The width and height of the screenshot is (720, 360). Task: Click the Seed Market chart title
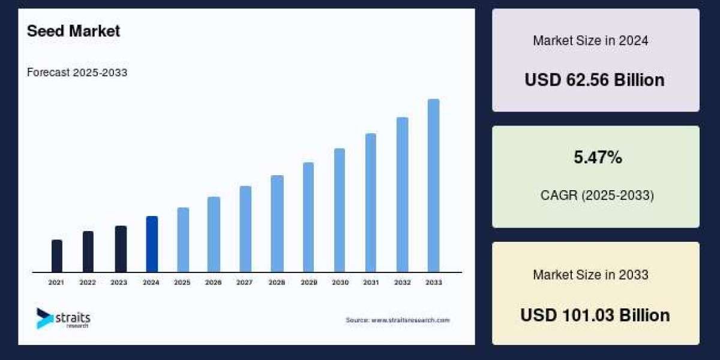click(73, 31)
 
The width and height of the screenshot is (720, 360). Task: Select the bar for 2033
click(433, 185)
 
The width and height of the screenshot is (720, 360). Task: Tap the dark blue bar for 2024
click(152, 244)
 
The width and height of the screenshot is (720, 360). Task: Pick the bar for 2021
click(57, 256)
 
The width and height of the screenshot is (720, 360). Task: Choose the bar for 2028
click(277, 224)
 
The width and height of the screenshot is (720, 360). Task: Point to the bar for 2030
click(340, 210)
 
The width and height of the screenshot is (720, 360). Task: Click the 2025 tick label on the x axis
click(182, 282)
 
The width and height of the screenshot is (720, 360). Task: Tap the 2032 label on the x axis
click(402, 282)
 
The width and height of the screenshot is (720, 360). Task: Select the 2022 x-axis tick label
click(88, 282)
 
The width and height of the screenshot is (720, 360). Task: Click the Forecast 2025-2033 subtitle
click(77, 73)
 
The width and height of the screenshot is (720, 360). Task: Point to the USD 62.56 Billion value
click(595, 80)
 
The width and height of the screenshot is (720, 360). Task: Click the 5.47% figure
click(596, 158)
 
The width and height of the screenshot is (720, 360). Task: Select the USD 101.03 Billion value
click(595, 315)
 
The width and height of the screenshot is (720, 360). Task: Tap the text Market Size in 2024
click(590, 41)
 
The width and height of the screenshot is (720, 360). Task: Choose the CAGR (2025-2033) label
click(596, 196)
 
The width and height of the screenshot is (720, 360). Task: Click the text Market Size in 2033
click(590, 275)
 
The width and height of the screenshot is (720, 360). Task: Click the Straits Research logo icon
click(44, 318)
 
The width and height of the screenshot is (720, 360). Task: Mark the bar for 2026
click(214, 235)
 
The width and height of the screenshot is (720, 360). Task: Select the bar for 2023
click(121, 249)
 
